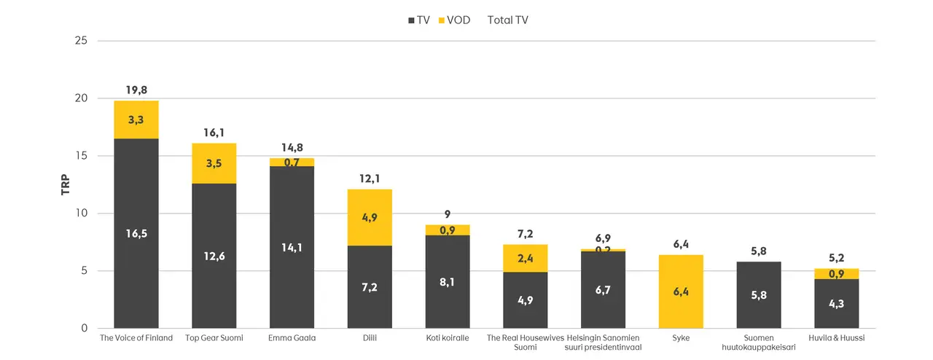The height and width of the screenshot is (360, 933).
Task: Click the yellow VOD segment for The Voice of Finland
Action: click(x=136, y=120)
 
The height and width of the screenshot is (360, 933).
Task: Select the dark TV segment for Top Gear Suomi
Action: click(x=214, y=255)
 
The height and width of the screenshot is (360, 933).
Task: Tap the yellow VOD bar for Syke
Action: click(x=681, y=291)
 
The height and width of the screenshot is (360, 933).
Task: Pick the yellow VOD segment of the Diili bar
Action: click(x=370, y=217)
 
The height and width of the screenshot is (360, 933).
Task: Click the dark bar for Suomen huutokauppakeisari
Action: click(x=759, y=295)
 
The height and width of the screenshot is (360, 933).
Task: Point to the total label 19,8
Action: click(x=136, y=90)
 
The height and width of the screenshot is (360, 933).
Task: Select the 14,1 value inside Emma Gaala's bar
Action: click(x=292, y=247)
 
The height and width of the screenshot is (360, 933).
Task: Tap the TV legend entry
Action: click(x=418, y=20)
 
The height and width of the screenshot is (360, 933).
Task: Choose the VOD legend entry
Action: click(x=453, y=20)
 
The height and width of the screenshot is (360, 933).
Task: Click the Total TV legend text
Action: click(x=507, y=20)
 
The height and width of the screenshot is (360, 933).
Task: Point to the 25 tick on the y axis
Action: click(x=81, y=41)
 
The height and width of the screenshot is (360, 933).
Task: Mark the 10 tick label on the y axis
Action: click(x=81, y=214)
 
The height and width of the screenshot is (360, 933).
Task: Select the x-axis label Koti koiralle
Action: click(x=448, y=338)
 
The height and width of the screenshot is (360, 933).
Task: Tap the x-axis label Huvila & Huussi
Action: click(x=836, y=338)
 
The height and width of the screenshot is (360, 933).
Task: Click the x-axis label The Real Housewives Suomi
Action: click(x=525, y=343)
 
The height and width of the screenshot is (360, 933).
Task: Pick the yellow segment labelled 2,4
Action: click(x=525, y=258)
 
